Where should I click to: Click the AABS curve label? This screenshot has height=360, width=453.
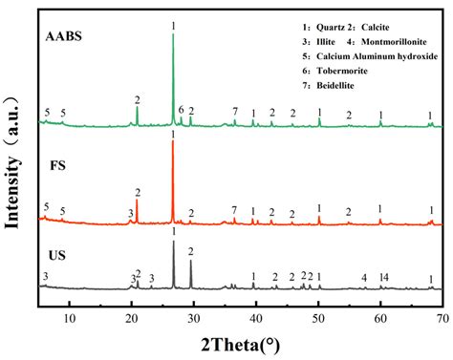pos(64,38)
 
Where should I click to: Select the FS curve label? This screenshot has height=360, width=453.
pos(55,164)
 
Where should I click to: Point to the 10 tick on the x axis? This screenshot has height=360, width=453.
pos(69,306)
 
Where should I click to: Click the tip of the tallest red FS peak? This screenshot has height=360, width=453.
pos(173,143)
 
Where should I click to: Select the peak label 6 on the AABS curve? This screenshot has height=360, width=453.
pos(181,110)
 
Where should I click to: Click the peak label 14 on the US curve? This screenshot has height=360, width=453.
pos(383,277)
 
